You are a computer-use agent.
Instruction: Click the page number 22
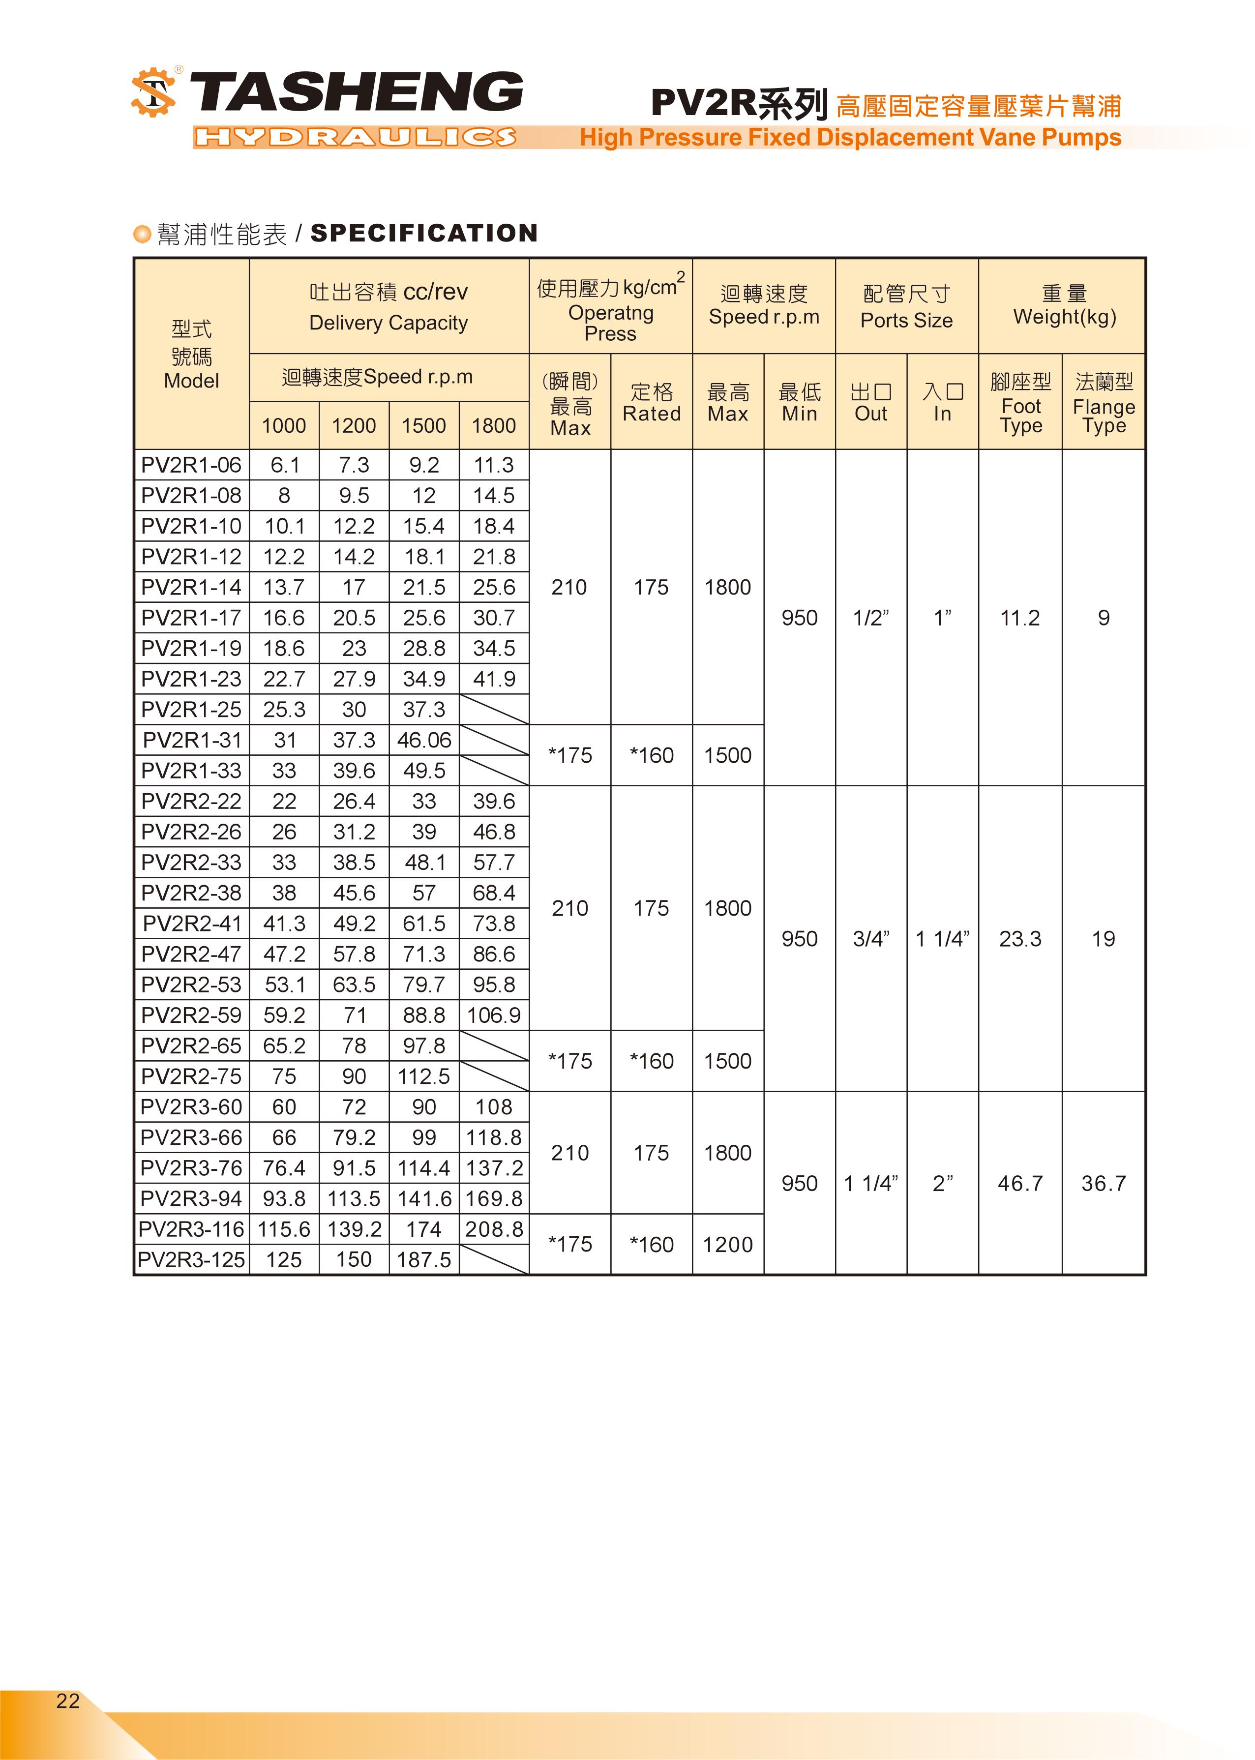[x=68, y=1700]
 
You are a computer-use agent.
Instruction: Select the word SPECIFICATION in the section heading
[x=423, y=233]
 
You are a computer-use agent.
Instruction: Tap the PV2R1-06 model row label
[x=191, y=465]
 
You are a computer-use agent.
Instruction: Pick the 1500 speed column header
[x=423, y=426]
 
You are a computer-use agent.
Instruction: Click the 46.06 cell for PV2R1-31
[x=423, y=740]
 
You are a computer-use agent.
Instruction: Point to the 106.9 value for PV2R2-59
[x=494, y=1015]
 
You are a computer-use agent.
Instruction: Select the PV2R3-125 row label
[x=191, y=1260]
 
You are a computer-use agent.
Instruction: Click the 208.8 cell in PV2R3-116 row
[x=494, y=1229]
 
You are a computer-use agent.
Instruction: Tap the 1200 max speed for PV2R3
[x=727, y=1245]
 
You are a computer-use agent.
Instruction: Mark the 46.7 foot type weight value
[x=1020, y=1184]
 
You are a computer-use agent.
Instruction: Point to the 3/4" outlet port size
[x=871, y=939]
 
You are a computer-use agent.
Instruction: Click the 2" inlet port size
[x=942, y=1184]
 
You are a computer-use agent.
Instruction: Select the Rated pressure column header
[x=652, y=403]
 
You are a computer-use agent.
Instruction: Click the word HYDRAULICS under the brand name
[x=356, y=138]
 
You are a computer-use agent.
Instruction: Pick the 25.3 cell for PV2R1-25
[x=284, y=709]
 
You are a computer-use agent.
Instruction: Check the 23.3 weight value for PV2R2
[x=1020, y=939]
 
